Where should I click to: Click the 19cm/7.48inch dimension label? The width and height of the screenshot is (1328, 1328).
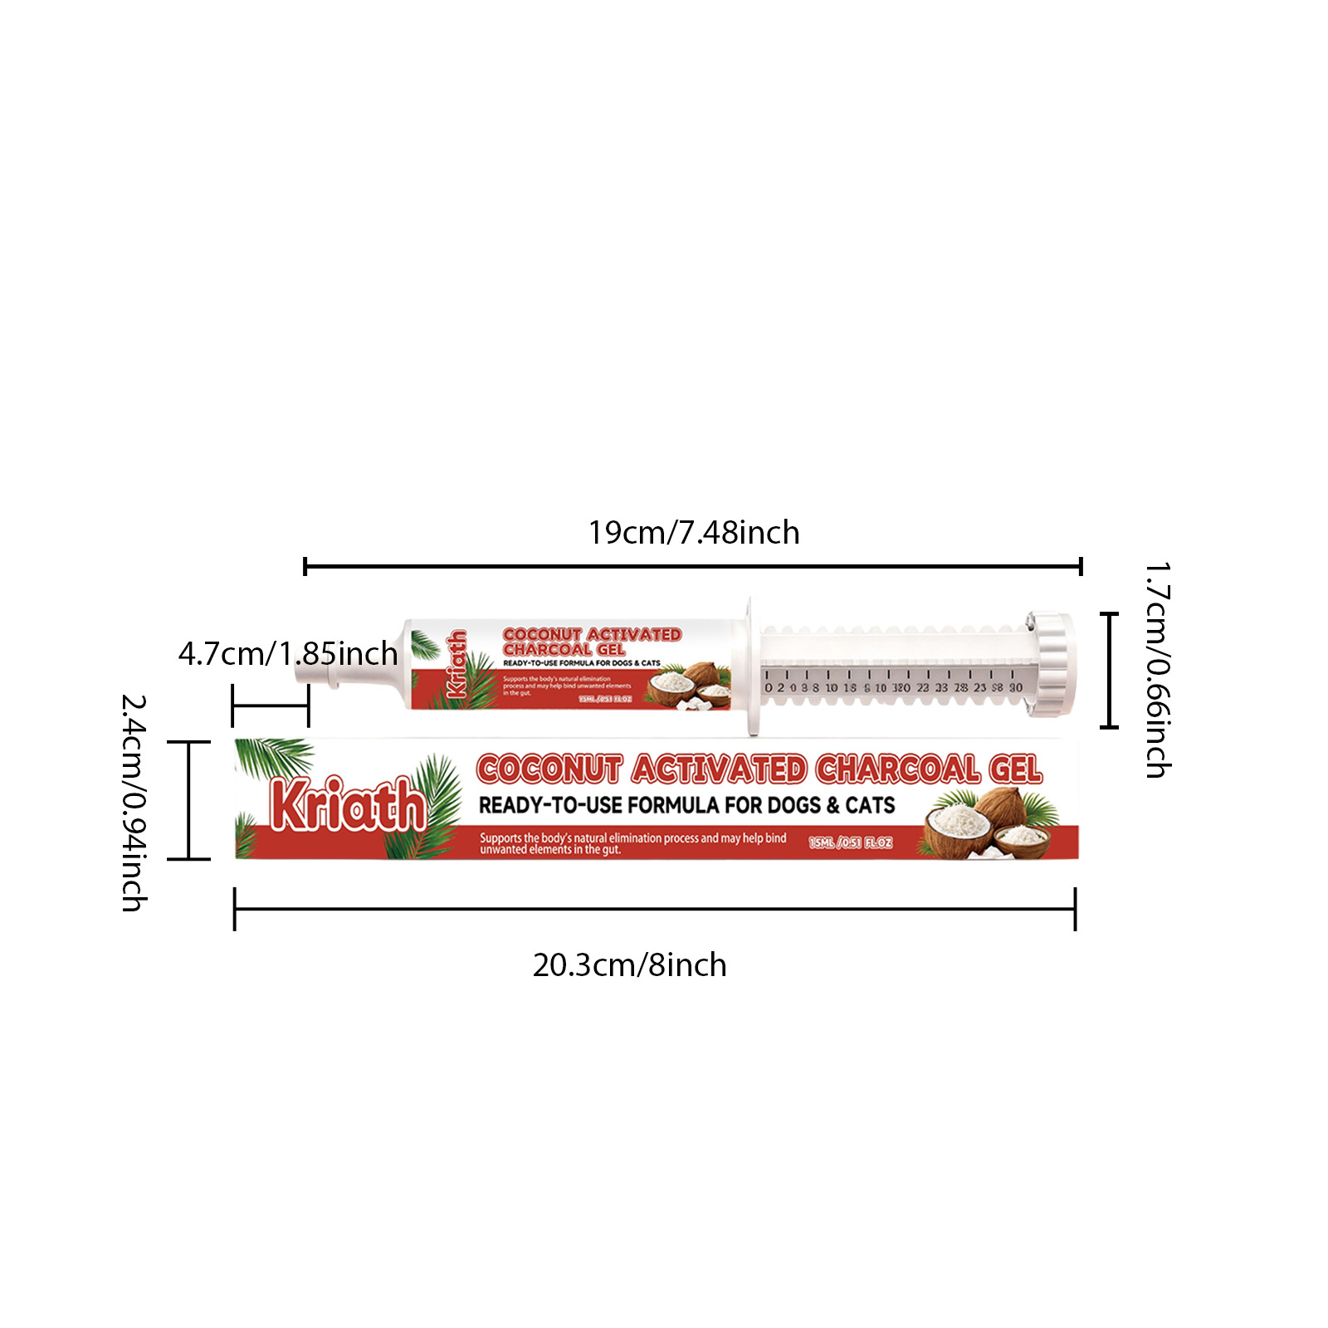pos(694,533)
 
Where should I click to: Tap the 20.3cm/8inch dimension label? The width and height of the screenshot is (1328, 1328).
pos(629,965)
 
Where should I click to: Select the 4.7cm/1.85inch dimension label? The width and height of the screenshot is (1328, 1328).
pos(288,654)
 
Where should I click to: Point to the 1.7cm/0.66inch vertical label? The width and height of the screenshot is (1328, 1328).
pos(1157,671)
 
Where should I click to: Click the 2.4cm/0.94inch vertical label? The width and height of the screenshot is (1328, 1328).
pos(134,803)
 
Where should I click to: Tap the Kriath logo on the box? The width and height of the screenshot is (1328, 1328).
pos(348,803)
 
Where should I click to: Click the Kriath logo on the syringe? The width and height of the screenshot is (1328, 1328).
pos(456,664)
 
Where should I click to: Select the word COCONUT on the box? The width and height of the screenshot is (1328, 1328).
pos(549,769)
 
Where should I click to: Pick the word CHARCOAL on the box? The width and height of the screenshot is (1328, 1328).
pos(896,769)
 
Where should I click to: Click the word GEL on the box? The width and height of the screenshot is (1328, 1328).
pos(1015,769)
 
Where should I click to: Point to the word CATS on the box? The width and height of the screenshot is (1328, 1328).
pos(870,805)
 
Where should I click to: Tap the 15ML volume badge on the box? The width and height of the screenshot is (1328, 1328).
pos(851,842)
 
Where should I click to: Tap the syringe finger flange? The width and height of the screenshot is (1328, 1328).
pos(751,666)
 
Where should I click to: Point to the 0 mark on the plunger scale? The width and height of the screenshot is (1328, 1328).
pos(769,688)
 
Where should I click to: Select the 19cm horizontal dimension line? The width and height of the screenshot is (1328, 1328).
pos(693,567)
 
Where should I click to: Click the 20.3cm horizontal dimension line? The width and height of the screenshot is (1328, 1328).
pos(655,910)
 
